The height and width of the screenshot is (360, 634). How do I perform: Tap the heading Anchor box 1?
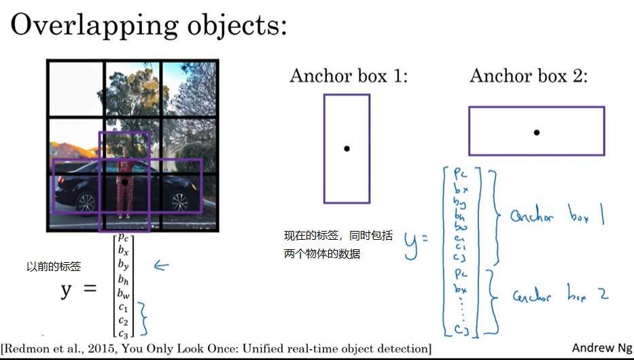[349, 75]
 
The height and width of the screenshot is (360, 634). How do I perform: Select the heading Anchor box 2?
[528, 75]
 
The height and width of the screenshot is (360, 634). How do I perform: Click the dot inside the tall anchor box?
[347, 149]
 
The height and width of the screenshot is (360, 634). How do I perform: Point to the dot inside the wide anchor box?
[536, 132]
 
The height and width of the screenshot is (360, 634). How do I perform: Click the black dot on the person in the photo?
[125, 182]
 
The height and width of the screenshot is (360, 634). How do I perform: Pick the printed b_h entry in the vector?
[123, 279]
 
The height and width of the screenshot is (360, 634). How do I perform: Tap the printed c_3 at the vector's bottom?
[123, 333]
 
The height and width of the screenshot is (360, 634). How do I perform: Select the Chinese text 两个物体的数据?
[322, 254]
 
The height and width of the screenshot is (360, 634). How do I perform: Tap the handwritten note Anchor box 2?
[560, 295]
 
